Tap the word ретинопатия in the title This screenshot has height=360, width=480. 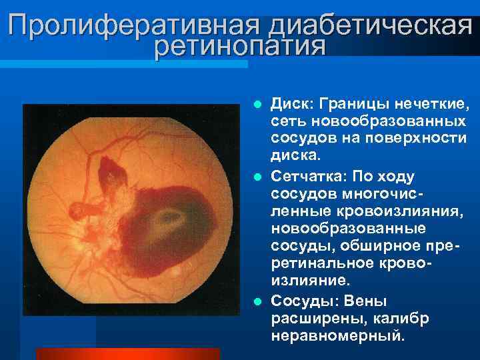239,47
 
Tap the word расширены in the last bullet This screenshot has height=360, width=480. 313,318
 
